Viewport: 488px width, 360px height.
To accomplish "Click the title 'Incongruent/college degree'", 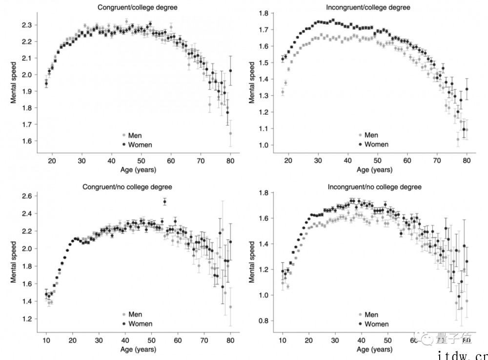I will point(375,7).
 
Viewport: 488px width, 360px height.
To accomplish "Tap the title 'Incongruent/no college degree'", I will point(375,187).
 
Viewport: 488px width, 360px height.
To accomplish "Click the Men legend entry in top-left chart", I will point(134,135).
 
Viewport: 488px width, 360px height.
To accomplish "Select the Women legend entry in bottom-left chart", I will point(140,324).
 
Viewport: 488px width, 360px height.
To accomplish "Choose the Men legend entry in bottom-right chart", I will point(371,315).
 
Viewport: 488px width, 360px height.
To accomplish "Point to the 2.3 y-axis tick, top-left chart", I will point(27,25).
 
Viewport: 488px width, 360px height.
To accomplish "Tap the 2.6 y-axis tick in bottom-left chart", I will point(27,196).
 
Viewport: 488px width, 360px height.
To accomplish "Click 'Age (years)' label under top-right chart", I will point(374,170).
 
